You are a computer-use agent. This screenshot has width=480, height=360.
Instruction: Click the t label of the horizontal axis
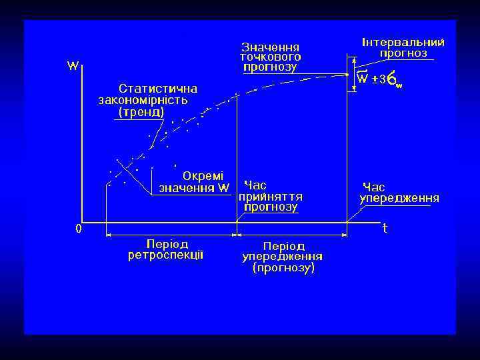(x=385, y=228)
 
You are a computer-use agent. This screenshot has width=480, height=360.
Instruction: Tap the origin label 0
(x=79, y=229)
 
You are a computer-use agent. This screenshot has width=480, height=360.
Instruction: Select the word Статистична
(x=158, y=88)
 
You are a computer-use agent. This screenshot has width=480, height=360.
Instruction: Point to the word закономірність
(x=143, y=100)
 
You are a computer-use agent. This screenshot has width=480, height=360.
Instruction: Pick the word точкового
(x=270, y=57)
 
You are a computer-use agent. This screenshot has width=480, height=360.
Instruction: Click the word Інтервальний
(x=403, y=42)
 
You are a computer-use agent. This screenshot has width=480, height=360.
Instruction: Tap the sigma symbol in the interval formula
(x=393, y=80)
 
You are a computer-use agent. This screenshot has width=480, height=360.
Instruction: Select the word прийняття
(x=271, y=197)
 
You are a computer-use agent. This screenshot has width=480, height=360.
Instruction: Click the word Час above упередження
(x=373, y=187)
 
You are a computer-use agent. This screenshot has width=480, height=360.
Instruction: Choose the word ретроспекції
(x=166, y=255)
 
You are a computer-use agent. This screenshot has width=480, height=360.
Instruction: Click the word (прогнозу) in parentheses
(x=283, y=269)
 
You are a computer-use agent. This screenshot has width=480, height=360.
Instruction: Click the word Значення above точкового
(x=270, y=47)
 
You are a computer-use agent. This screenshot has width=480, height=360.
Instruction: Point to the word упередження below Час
(x=399, y=199)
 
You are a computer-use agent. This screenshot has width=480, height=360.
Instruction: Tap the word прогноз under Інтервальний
(x=403, y=53)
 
